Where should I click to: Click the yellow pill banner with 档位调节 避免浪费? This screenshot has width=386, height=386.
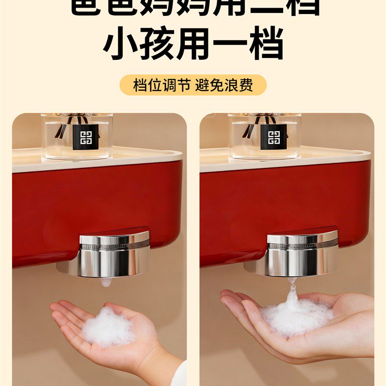click(x=193, y=85)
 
